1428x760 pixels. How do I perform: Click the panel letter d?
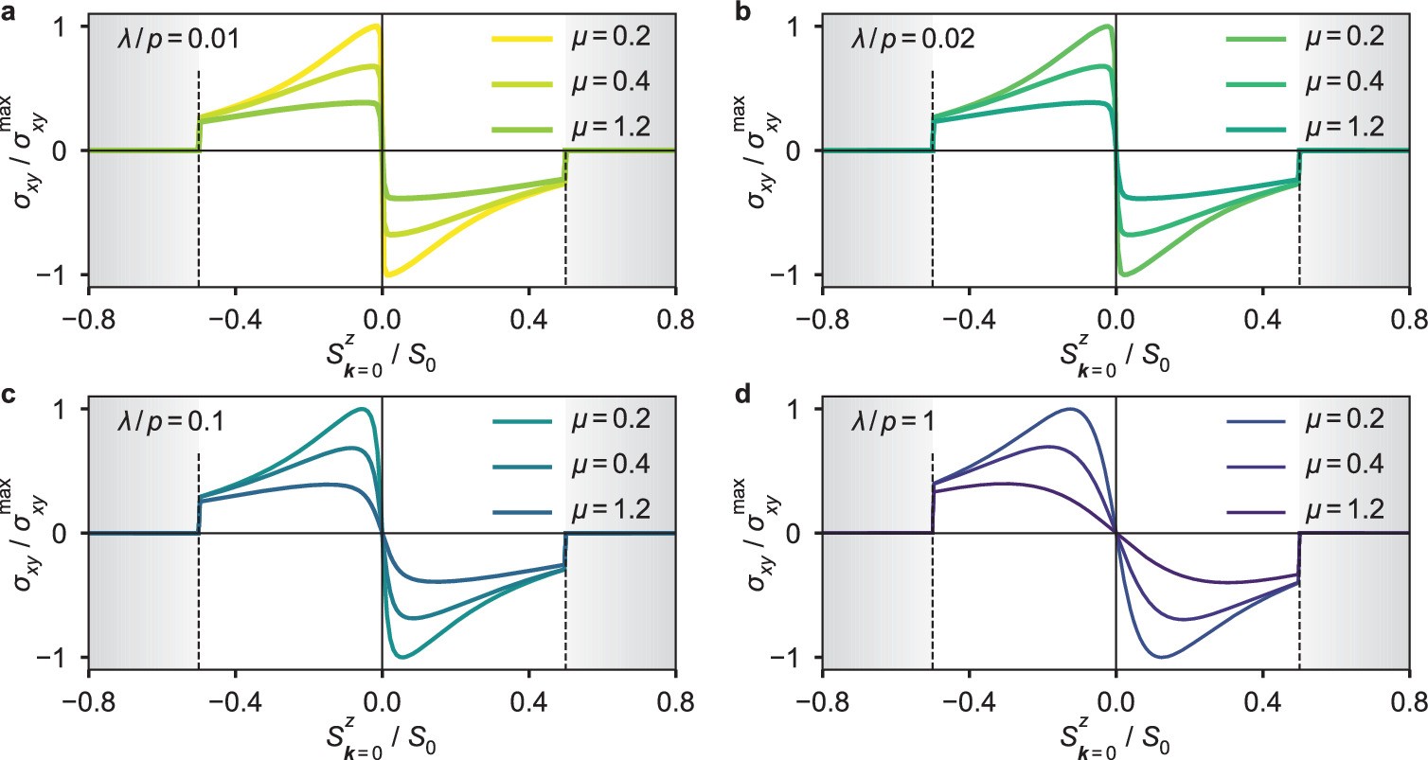point(743,397)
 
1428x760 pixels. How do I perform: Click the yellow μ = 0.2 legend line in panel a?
point(520,38)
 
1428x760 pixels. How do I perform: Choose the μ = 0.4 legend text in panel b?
point(1346,82)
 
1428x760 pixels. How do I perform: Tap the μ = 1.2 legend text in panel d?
point(1346,509)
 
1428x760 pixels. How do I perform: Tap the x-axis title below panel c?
point(382,730)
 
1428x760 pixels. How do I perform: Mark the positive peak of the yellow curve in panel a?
point(376,27)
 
